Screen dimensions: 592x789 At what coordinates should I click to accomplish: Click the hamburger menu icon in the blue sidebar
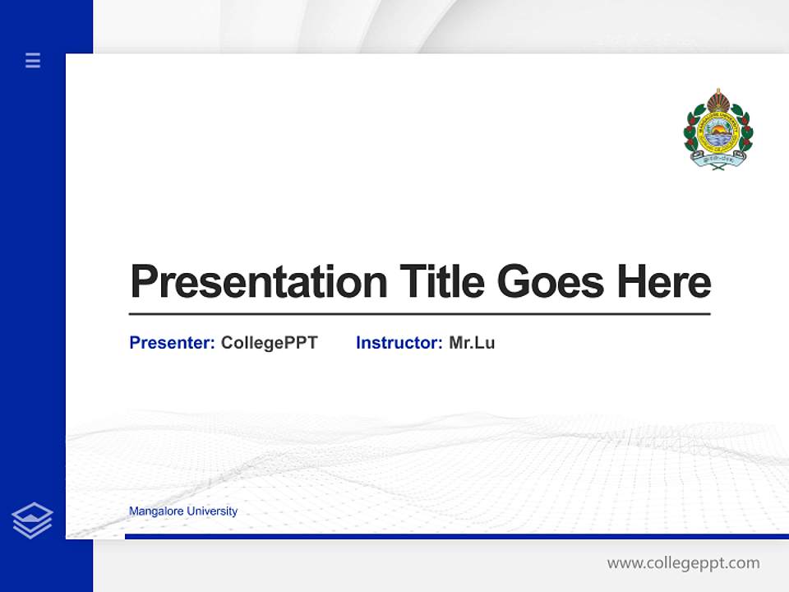pyautogui.click(x=33, y=60)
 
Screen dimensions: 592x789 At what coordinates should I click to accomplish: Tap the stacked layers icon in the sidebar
pyautogui.click(x=32, y=520)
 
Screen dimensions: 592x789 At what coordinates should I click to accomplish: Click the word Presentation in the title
pyautogui.click(x=258, y=282)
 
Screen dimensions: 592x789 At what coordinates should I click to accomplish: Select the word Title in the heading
pyautogui.click(x=442, y=282)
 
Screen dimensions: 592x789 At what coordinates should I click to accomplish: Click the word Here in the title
pyautogui.click(x=664, y=282)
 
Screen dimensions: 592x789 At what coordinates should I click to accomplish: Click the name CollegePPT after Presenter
pyautogui.click(x=269, y=343)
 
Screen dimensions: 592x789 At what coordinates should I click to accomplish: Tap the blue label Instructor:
pyautogui.click(x=399, y=343)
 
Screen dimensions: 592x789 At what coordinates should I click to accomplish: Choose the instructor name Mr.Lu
pyautogui.click(x=472, y=343)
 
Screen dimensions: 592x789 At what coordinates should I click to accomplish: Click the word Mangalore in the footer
pyautogui.click(x=156, y=511)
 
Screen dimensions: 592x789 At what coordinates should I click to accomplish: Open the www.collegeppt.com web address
pyautogui.click(x=683, y=563)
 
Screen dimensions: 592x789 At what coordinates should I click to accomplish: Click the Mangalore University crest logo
pyautogui.click(x=718, y=129)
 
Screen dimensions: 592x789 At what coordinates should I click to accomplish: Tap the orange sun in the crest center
pyautogui.click(x=718, y=131)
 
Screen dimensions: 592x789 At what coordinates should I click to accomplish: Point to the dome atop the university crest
pyautogui.click(x=718, y=100)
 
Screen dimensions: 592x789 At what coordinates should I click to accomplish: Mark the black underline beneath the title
pyautogui.click(x=419, y=314)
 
